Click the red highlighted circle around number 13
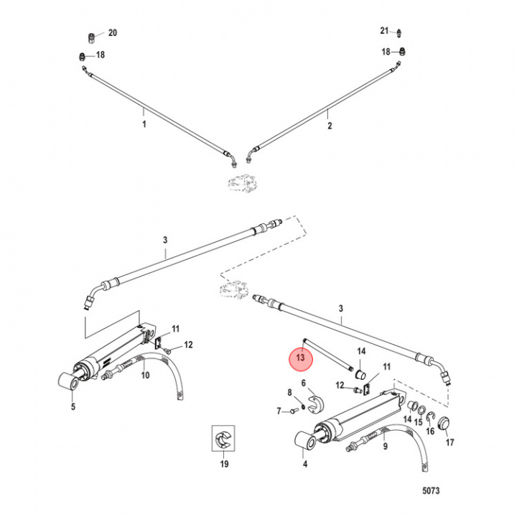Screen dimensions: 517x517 301,357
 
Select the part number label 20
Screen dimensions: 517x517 112,33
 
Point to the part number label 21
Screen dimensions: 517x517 384,30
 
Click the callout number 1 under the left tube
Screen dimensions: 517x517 144,124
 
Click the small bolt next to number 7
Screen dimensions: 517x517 294,411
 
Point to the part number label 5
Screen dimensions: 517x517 72,406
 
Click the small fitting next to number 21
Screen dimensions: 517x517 399,31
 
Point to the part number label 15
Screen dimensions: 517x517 417,432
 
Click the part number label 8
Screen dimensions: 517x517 290,392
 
